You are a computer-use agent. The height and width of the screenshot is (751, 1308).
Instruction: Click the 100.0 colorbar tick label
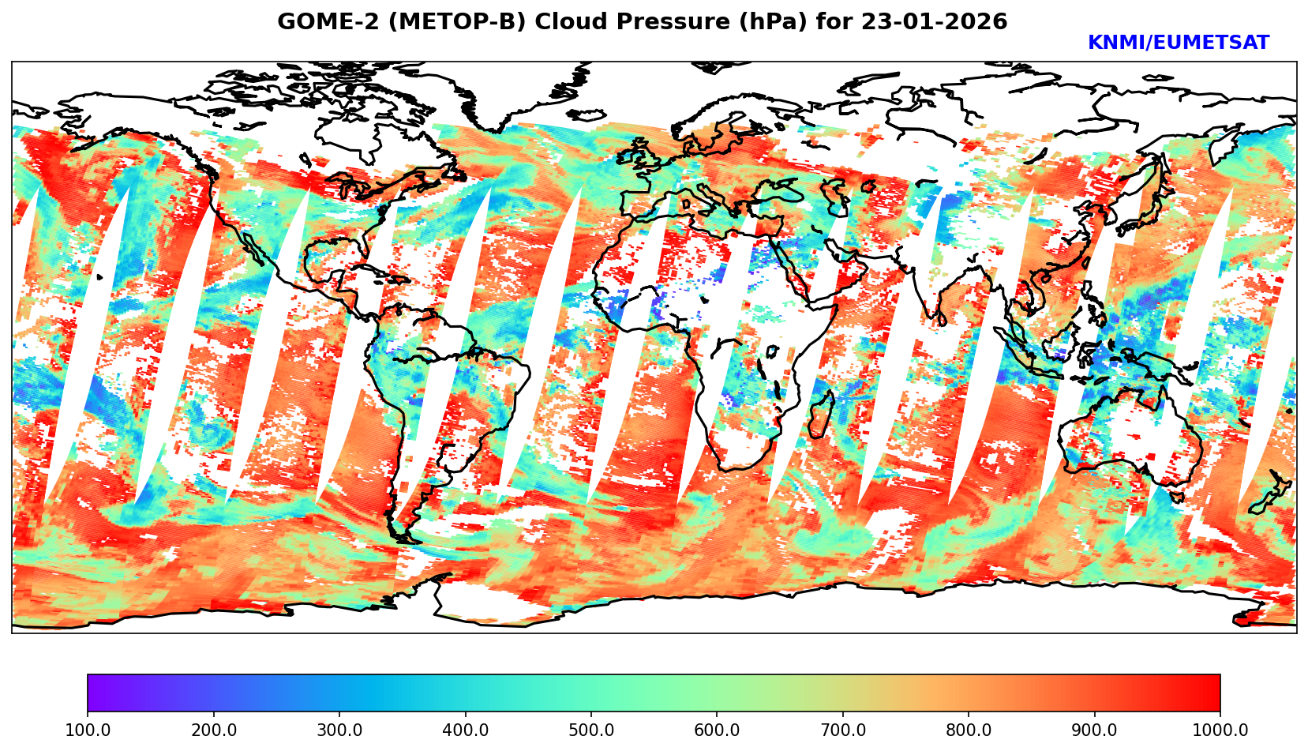tap(87, 730)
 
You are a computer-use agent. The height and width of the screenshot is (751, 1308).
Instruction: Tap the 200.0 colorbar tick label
tap(213, 730)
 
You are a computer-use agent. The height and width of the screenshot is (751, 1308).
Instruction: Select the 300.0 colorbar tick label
tap(339, 730)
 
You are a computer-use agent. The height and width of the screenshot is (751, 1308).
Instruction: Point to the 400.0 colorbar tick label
tap(465, 730)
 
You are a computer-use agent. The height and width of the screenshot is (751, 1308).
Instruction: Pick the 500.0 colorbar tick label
tap(591, 730)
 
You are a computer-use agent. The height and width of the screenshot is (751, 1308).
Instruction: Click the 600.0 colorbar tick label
tap(717, 730)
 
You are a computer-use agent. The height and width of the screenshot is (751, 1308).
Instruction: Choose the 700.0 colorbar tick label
tap(843, 730)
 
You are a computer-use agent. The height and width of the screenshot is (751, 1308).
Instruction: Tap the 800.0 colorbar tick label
tap(969, 730)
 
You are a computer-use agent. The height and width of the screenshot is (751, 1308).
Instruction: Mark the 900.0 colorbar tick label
tap(1095, 730)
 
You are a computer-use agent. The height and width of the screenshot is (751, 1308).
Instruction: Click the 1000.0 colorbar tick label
tap(1220, 730)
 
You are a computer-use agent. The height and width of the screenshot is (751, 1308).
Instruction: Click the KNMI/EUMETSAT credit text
tap(1179, 43)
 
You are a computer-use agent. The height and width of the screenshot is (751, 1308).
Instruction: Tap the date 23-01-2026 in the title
tap(935, 22)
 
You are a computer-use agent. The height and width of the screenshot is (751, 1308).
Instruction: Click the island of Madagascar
tap(822, 415)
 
